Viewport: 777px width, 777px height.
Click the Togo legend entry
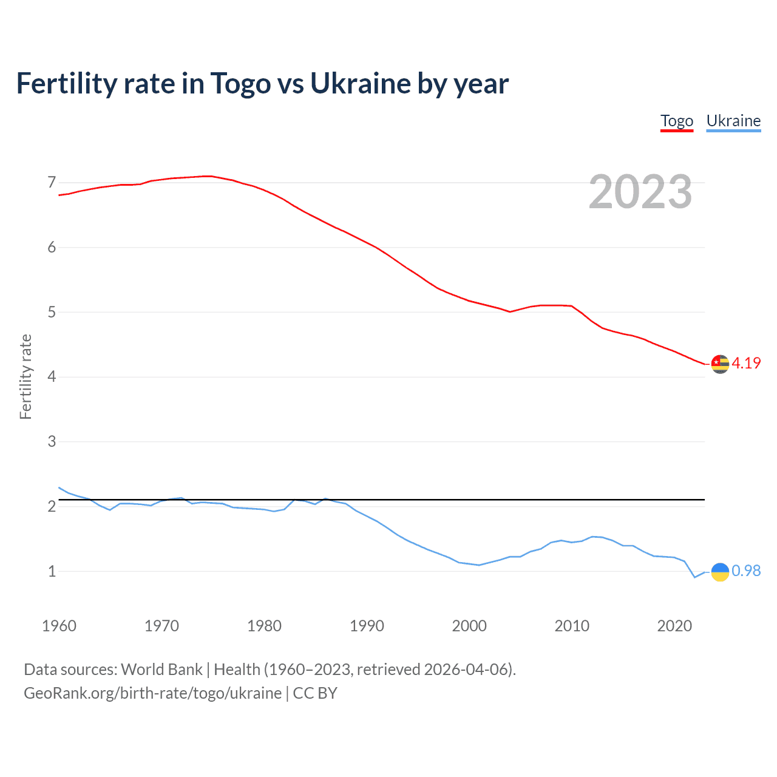(677, 121)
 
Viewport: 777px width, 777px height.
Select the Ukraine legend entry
(733, 121)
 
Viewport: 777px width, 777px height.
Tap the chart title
(262, 83)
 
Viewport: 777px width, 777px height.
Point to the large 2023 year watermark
(640, 192)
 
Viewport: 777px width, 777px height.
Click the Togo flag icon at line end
(720, 364)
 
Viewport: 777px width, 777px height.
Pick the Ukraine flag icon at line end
(720, 571)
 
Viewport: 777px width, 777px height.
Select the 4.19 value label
(746, 363)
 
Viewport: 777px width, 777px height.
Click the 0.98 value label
(746, 571)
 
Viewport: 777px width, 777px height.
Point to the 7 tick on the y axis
(52, 182)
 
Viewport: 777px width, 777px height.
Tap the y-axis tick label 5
(52, 312)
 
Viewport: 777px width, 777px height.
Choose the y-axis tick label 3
(52, 441)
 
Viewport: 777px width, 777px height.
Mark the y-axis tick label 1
(52, 571)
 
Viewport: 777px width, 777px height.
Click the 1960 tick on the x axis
(59, 626)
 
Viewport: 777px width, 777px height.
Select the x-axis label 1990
(367, 626)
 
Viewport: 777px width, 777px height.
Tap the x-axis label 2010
(572, 626)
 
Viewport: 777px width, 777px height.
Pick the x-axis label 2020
(674, 626)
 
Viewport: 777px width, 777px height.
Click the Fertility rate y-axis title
(25, 376)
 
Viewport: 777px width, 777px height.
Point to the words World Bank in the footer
(161, 670)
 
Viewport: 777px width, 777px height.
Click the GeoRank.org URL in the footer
(152, 693)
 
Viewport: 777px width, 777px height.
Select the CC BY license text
(315, 693)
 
